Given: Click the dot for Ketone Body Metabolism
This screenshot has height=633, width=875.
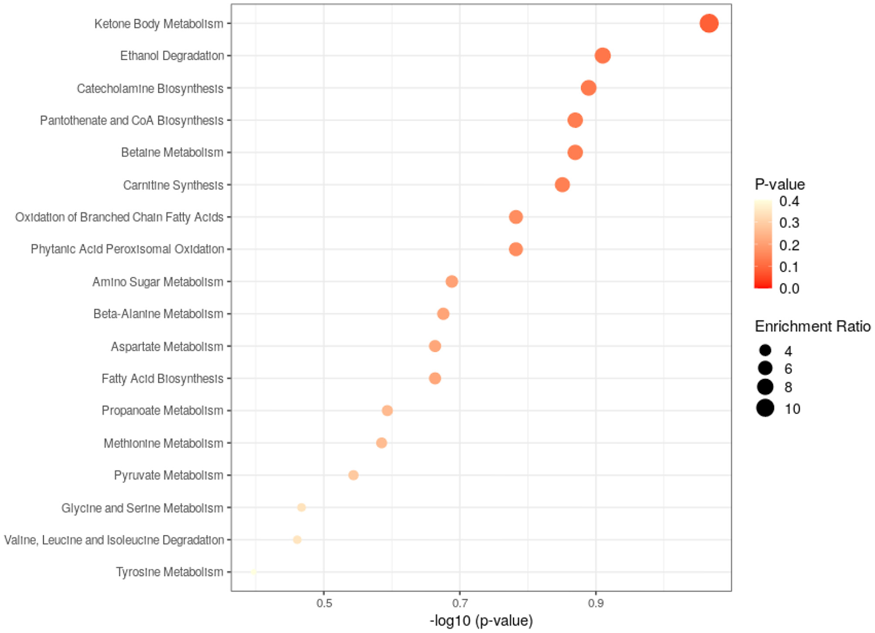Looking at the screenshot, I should (x=709, y=23).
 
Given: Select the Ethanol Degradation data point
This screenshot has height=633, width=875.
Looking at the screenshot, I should (x=602, y=56).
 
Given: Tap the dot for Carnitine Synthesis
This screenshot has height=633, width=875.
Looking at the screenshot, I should (x=562, y=185).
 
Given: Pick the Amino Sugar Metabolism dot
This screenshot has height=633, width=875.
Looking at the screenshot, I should (x=451, y=282).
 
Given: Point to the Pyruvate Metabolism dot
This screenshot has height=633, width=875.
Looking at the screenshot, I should (x=353, y=475).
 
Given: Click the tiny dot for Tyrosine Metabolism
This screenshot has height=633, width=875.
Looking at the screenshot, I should (x=253, y=572).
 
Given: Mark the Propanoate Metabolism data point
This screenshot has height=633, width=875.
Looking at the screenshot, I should (x=387, y=410).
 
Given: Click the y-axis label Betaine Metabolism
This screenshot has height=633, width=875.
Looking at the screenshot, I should (x=172, y=152).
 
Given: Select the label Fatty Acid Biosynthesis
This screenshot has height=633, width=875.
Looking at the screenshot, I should (x=162, y=378).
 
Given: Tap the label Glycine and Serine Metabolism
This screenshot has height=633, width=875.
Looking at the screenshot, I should (x=142, y=508).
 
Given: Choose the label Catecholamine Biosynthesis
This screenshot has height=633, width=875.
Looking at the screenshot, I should (x=150, y=88).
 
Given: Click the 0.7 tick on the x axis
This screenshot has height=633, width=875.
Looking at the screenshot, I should (x=460, y=603).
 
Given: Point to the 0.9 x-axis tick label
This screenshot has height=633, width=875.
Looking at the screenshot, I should (x=596, y=603).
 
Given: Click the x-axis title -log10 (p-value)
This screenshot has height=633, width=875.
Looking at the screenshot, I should (x=481, y=620).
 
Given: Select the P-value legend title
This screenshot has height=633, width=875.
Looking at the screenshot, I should (x=780, y=185).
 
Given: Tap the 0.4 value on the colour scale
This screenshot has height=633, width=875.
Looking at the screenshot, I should (x=789, y=201).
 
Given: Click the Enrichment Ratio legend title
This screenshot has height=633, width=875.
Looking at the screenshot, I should (x=812, y=326).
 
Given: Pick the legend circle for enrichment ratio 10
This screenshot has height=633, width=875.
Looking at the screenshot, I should (x=765, y=408).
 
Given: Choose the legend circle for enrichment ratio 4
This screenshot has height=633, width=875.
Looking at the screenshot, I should (x=765, y=350).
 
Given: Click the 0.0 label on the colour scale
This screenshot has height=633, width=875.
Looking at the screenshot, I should (x=789, y=288).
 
